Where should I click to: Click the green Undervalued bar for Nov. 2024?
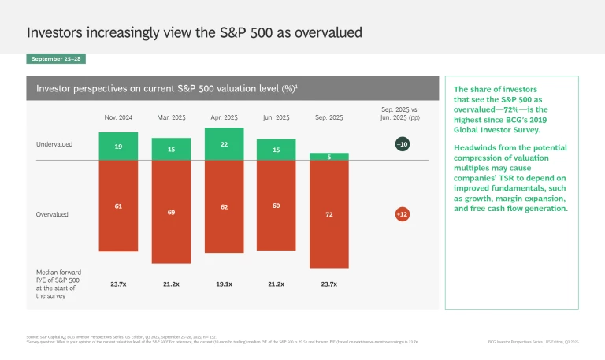117,147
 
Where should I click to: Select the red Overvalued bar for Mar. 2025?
171,212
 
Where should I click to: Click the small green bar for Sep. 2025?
329,157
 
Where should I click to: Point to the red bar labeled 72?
329,213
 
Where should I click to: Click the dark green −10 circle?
403,144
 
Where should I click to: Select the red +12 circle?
403,213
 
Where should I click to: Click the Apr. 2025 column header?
224,117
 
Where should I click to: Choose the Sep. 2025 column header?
329,117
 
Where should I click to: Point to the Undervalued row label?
53,145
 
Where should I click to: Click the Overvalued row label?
52,213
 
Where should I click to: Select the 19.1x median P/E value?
224,283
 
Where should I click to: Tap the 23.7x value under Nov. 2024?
117,283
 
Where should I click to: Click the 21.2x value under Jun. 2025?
277,283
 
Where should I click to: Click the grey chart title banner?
232,88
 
